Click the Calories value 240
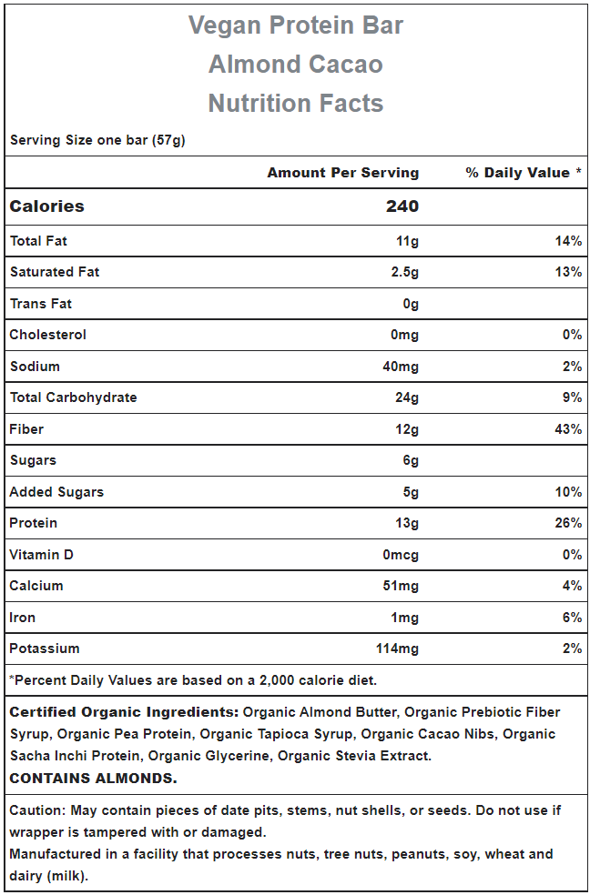point(402,206)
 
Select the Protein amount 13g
point(407,523)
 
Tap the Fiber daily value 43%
point(568,429)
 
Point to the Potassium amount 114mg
point(397,649)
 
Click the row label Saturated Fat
point(55,272)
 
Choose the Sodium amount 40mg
point(401,367)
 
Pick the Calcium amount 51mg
point(401,586)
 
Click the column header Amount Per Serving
point(342,173)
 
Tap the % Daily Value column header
point(524,173)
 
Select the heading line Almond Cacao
point(295,64)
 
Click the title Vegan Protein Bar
point(295,25)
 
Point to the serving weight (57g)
point(168,140)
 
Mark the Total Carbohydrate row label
point(73,397)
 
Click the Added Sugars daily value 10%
point(568,492)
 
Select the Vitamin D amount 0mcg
point(401,555)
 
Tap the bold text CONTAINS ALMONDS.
point(94,779)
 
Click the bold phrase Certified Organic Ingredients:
point(124,712)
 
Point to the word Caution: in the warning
point(37,810)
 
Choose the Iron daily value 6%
point(572,618)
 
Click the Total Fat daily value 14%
point(568,241)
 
